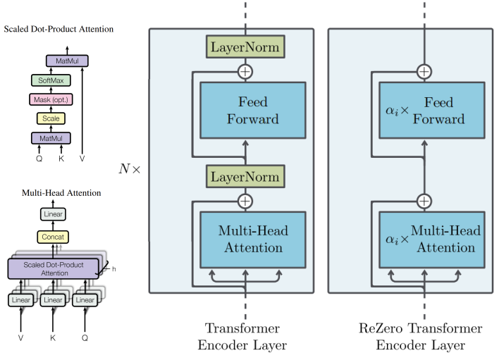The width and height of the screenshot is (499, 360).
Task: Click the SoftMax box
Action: pyautogui.click(x=51, y=81)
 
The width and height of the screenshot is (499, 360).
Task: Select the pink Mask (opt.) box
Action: pyautogui.click(x=51, y=99)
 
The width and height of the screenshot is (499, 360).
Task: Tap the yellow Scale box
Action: pyautogui.click(x=51, y=118)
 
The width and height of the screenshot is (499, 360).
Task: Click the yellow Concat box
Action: pyautogui.click(x=53, y=237)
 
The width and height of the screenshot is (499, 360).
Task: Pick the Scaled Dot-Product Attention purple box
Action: pyautogui.click(x=53, y=268)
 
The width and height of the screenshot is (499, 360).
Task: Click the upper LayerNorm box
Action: pyautogui.click(x=244, y=48)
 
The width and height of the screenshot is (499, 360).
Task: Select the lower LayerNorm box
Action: pyautogui.click(x=244, y=175)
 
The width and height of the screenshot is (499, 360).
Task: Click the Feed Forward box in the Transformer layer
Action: pyautogui.click(x=253, y=110)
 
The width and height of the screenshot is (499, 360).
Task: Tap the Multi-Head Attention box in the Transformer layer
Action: pyautogui.click(x=253, y=239)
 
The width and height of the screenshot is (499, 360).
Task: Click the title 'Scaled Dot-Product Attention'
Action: pyautogui.click(x=58, y=29)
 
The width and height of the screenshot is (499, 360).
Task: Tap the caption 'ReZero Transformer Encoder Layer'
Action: pyautogui.click(x=421, y=337)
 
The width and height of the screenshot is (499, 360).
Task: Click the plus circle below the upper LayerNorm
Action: pyautogui.click(x=244, y=71)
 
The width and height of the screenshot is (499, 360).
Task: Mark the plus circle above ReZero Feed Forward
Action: pyautogui.click(x=424, y=71)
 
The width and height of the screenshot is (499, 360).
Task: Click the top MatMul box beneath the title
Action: pyautogui.click(x=67, y=62)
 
